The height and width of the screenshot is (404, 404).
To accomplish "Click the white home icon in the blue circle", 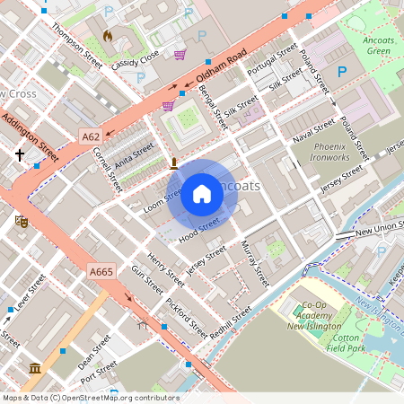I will tap(202, 194).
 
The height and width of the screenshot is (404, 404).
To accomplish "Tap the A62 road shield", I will tap(90, 136).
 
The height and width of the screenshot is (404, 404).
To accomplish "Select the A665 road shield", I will tap(101, 272).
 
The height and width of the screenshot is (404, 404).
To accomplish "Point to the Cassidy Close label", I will tap(136, 59).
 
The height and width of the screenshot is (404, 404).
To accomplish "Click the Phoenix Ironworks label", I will tap(331, 151).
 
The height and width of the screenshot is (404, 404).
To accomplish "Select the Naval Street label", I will tap(313, 130).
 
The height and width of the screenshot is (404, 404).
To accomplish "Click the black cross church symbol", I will tap(20, 154).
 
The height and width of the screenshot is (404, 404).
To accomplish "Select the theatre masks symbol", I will tap(22, 220).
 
